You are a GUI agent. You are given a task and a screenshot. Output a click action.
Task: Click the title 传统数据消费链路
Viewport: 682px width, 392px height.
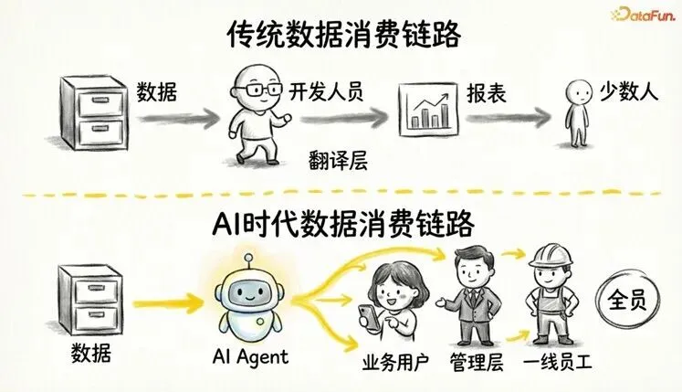pyautogui.click(x=342, y=36)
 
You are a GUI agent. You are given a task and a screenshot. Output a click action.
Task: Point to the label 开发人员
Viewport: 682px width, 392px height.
pyautogui.click(x=325, y=91)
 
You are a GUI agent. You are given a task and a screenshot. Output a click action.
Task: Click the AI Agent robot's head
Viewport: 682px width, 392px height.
pyautogui.click(x=247, y=293)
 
